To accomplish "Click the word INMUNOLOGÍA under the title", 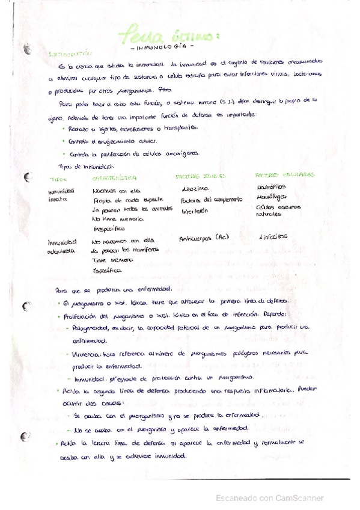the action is pos(161,46).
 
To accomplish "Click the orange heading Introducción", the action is pos(67,54).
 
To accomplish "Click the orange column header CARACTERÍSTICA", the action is pos(114,178).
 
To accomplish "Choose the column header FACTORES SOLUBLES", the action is pos(200,177).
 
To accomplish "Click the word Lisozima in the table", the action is pos(195,189).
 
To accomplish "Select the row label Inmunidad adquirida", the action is pos(62,245).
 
